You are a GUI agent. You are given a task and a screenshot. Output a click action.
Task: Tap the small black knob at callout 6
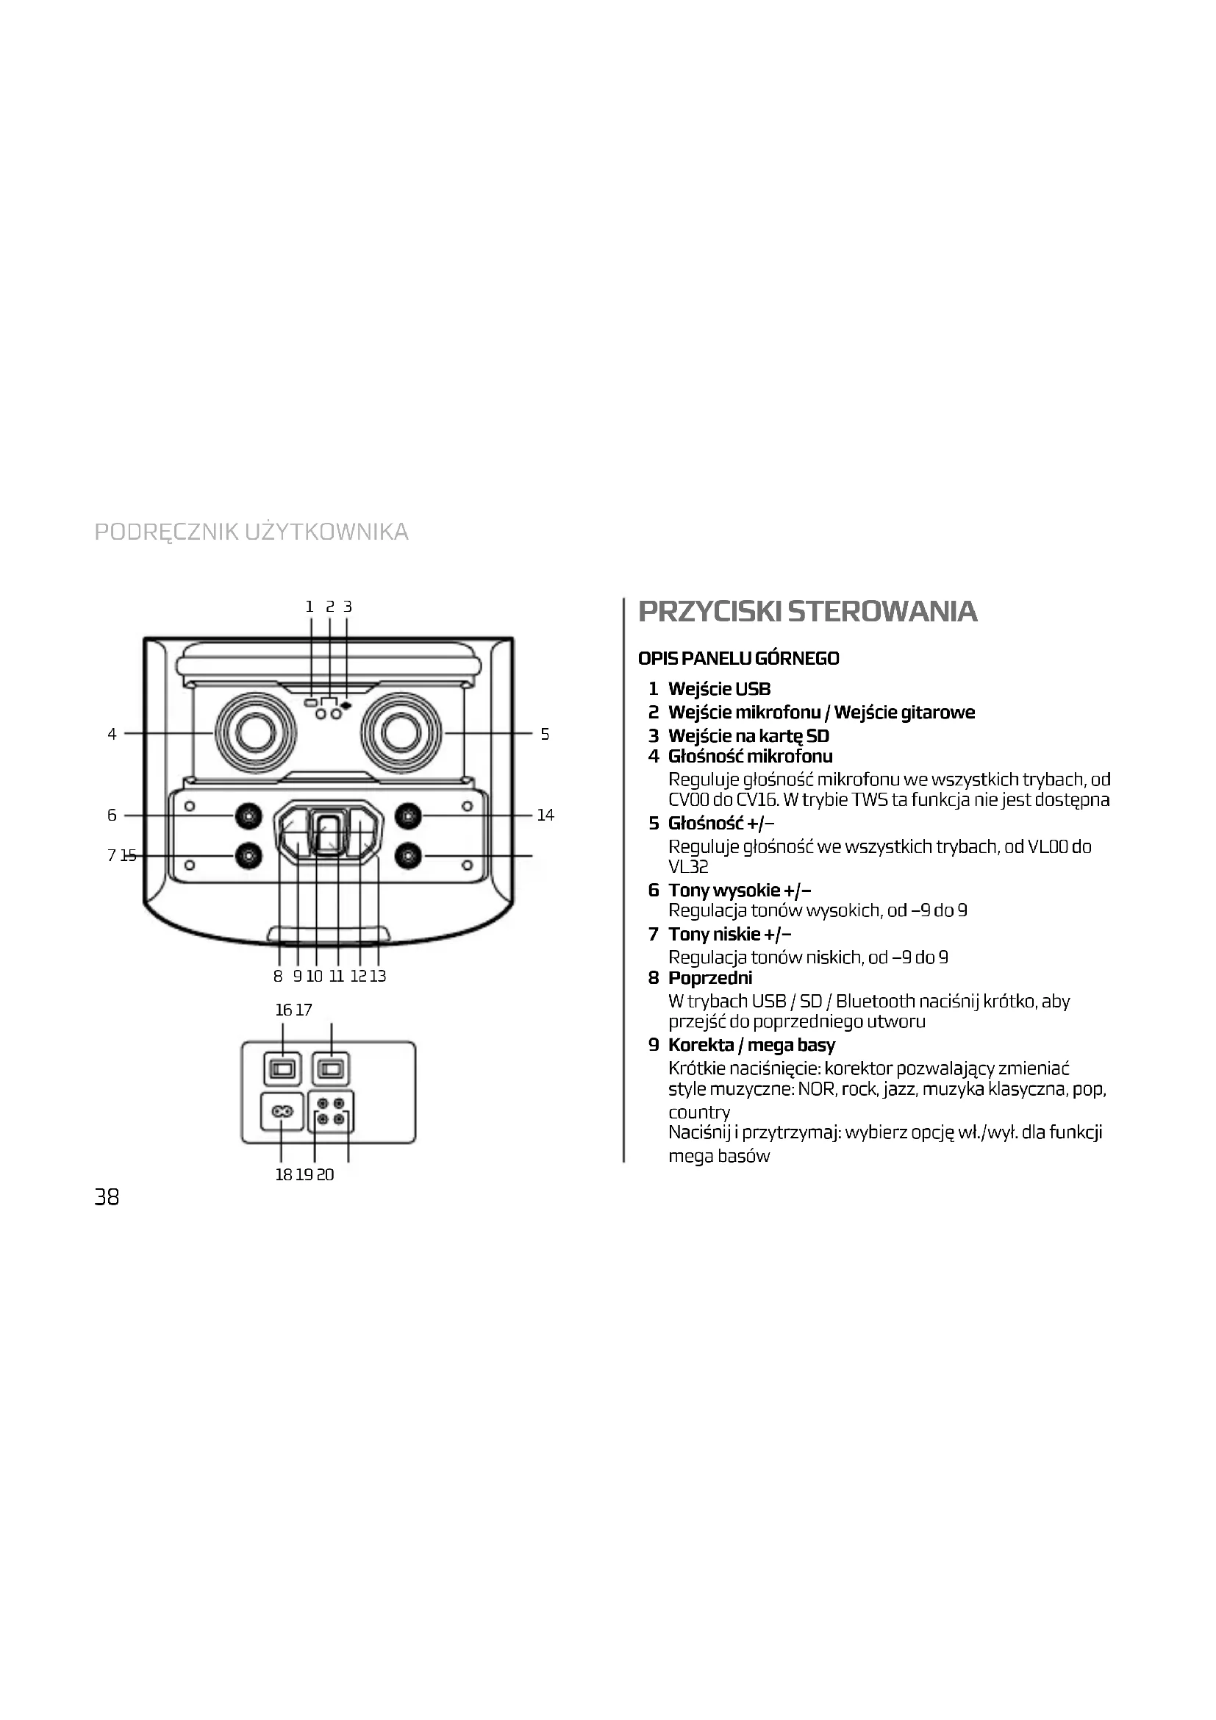(248, 815)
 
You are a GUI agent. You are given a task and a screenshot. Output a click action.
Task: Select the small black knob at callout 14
(407, 815)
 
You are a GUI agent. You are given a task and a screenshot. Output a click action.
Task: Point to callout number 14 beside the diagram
(545, 815)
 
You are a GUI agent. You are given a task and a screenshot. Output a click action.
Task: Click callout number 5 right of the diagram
(545, 734)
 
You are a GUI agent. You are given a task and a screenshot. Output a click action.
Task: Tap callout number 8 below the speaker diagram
(278, 976)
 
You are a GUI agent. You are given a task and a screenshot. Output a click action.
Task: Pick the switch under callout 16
(282, 1069)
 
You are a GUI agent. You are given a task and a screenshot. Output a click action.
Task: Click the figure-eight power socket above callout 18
(282, 1112)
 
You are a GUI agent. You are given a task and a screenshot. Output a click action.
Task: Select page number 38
(107, 1197)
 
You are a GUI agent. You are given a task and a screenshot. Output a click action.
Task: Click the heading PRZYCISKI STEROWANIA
(808, 611)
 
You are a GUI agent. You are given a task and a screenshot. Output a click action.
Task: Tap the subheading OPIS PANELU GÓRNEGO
(738, 658)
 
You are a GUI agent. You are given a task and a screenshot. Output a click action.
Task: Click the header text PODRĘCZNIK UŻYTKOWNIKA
(251, 532)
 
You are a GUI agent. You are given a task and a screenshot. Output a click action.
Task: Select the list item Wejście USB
(719, 688)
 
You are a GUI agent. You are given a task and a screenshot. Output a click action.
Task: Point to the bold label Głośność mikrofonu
(751, 757)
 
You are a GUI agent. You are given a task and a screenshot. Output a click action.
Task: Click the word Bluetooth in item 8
(876, 1001)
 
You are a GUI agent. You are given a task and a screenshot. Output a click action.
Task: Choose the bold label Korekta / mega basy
(751, 1045)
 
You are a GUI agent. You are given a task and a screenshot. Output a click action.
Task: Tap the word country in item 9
(698, 1113)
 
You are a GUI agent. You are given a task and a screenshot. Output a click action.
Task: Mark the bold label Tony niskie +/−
(729, 934)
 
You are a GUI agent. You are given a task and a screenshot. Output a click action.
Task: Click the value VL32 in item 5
(688, 867)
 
